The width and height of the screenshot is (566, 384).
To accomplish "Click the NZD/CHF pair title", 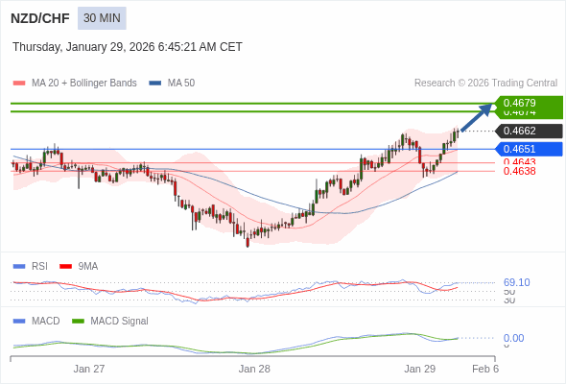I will pos(38,18).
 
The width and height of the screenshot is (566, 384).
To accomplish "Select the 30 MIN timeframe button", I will pos(102,18).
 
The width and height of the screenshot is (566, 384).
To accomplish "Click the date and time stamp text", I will pos(128,47).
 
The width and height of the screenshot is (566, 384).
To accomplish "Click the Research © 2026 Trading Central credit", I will pos(485,84).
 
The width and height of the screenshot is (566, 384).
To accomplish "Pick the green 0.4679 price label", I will pos(529,103).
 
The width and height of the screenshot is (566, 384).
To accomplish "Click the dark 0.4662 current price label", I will pos(529,131).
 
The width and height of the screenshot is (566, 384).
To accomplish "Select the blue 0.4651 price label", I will pos(529,149).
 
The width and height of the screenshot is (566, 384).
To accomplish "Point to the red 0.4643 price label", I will pos(519,162).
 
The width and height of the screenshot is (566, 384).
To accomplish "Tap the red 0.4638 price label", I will pos(519,171).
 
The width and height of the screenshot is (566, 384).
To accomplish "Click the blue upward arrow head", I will pos(488,107).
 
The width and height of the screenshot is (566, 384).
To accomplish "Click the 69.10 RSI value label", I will pos(516,282).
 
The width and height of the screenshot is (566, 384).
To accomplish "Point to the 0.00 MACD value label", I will pos(513,338).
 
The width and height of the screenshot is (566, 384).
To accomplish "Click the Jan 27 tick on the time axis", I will pos(89,369).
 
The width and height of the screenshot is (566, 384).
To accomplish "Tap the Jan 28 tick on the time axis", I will pos(254,369).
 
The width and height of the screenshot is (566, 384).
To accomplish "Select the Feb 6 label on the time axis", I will pos(485,369).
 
